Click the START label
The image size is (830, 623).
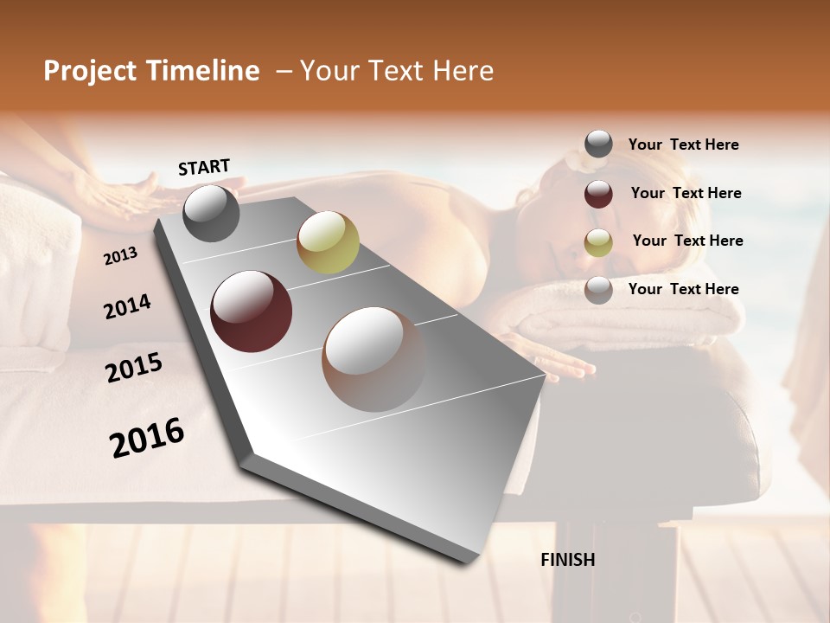[x=204, y=167]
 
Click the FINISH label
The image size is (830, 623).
[x=568, y=560]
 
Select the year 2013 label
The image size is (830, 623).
[x=120, y=256]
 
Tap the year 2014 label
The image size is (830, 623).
[x=127, y=306]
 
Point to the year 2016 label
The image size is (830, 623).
[x=147, y=437]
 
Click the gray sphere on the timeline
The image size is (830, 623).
[x=212, y=213]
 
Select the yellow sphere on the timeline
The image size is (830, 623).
[x=328, y=242]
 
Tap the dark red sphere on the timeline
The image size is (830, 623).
[x=252, y=311]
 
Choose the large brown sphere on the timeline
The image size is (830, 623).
[x=373, y=359]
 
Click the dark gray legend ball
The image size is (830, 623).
[x=598, y=145]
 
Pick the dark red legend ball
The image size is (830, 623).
[x=598, y=194]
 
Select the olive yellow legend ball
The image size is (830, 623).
[x=598, y=242]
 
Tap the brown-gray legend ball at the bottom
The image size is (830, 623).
[x=598, y=290]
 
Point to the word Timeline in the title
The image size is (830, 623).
[x=204, y=71]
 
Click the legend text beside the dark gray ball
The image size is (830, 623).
[x=683, y=145]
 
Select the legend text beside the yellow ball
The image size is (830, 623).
[x=687, y=241]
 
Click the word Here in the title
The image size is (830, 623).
[x=462, y=71]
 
